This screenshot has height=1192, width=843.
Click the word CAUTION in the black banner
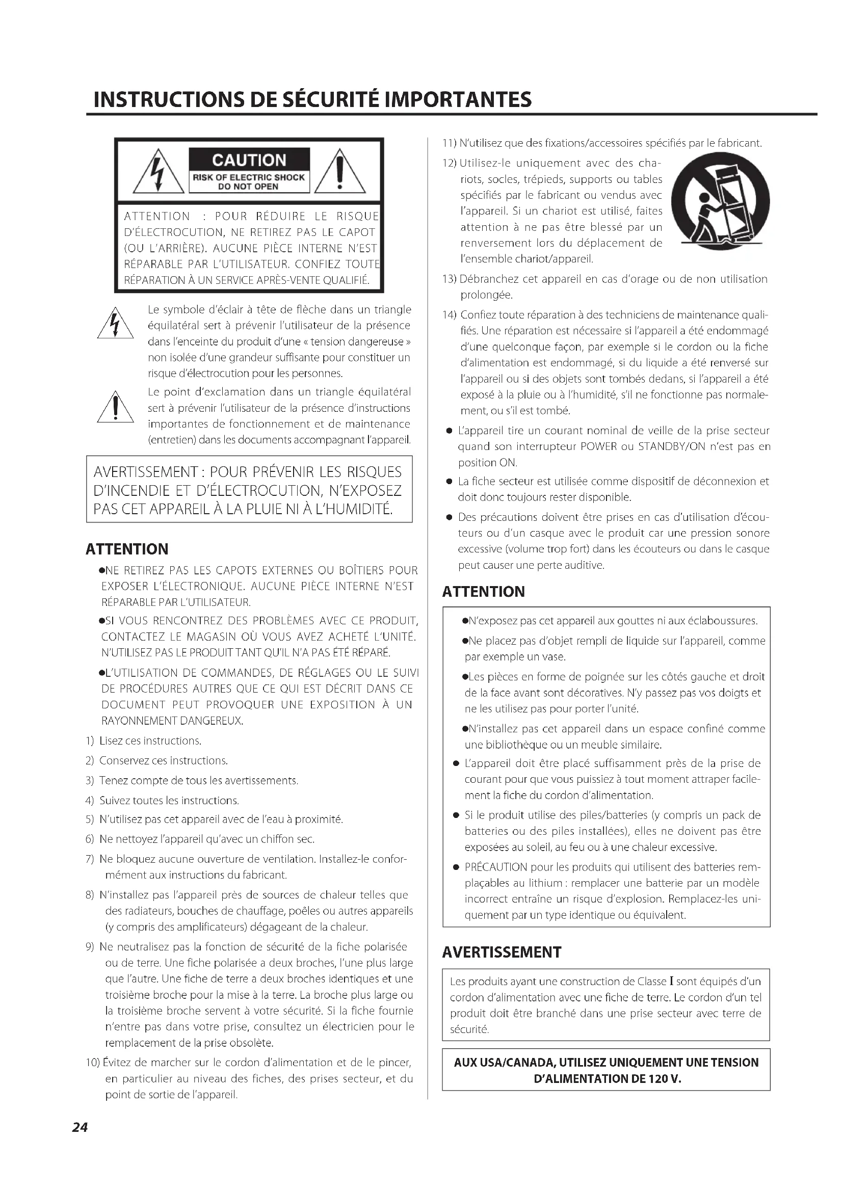[249, 160]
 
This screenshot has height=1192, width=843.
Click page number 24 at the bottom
[80, 1127]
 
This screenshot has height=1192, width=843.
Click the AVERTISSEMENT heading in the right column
[502, 952]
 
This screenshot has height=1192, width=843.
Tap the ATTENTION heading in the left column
[127, 549]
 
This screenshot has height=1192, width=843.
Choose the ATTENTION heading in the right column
[483, 591]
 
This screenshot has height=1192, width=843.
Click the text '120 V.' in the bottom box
[665, 1079]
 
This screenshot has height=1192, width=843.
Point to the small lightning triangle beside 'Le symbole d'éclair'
[115, 325]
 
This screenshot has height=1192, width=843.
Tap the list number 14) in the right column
[449, 315]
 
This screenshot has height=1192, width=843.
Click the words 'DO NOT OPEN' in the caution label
[249, 187]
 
